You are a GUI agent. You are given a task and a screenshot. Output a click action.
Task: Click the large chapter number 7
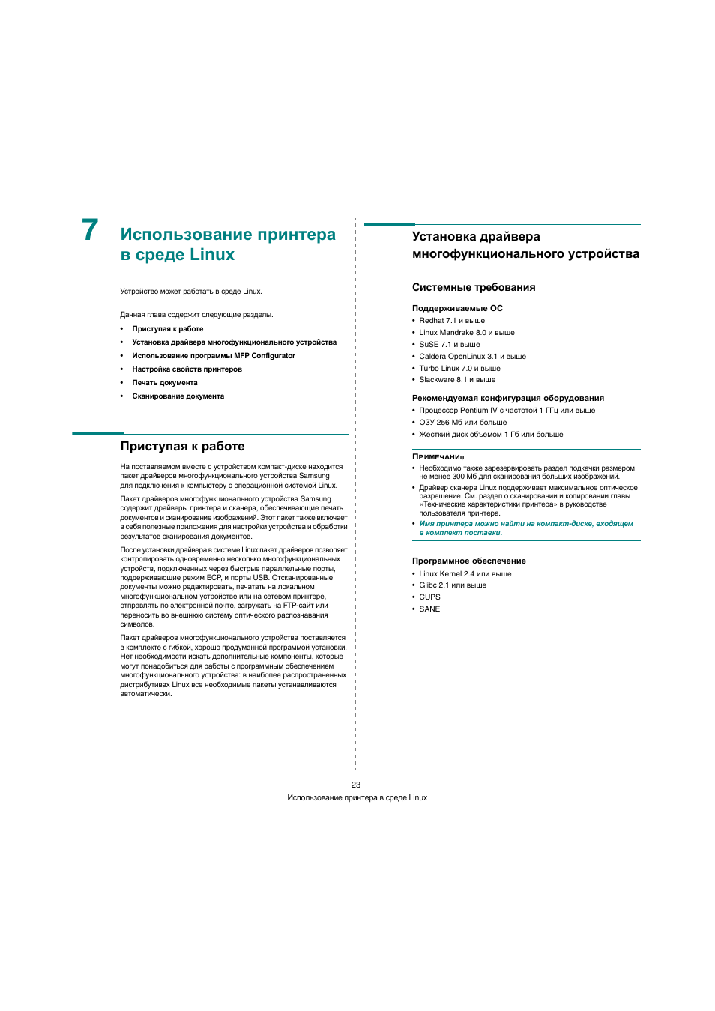coord(90,230)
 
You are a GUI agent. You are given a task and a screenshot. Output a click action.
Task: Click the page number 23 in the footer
coord(356,785)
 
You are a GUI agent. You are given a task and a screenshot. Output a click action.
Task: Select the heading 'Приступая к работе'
coord(182,447)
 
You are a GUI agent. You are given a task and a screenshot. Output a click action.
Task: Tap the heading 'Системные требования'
coord(474,288)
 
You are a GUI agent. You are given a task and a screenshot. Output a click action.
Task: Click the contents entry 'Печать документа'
coord(165,383)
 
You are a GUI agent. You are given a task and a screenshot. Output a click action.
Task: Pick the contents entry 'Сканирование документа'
coord(178,396)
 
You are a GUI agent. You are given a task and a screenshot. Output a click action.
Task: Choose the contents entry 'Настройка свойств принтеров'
coord(187,369)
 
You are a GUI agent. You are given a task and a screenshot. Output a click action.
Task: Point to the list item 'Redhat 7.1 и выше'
coord(452,321)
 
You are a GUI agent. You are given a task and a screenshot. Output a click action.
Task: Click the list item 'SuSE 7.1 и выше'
coord(450,345)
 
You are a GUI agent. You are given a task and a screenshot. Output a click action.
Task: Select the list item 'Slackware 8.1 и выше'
coord(457,380)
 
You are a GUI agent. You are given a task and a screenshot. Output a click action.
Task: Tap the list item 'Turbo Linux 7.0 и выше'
coord(459,369)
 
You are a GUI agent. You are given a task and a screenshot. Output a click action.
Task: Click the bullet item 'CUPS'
coord(429,597)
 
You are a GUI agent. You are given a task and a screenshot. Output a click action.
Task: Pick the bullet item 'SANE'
coord(429,609)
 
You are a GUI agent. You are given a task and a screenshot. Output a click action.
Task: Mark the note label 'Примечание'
coord(438,456)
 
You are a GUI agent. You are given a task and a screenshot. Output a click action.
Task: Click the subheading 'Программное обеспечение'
coord(469,561)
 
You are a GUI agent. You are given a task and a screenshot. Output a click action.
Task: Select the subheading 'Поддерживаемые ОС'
coord(457,309)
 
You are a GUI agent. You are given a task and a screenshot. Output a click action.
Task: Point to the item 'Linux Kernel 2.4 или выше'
coord(465,574)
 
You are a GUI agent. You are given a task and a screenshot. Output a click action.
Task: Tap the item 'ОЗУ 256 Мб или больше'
coord(463,423)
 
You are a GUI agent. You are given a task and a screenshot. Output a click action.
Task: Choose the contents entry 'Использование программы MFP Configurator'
coord(214,356)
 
